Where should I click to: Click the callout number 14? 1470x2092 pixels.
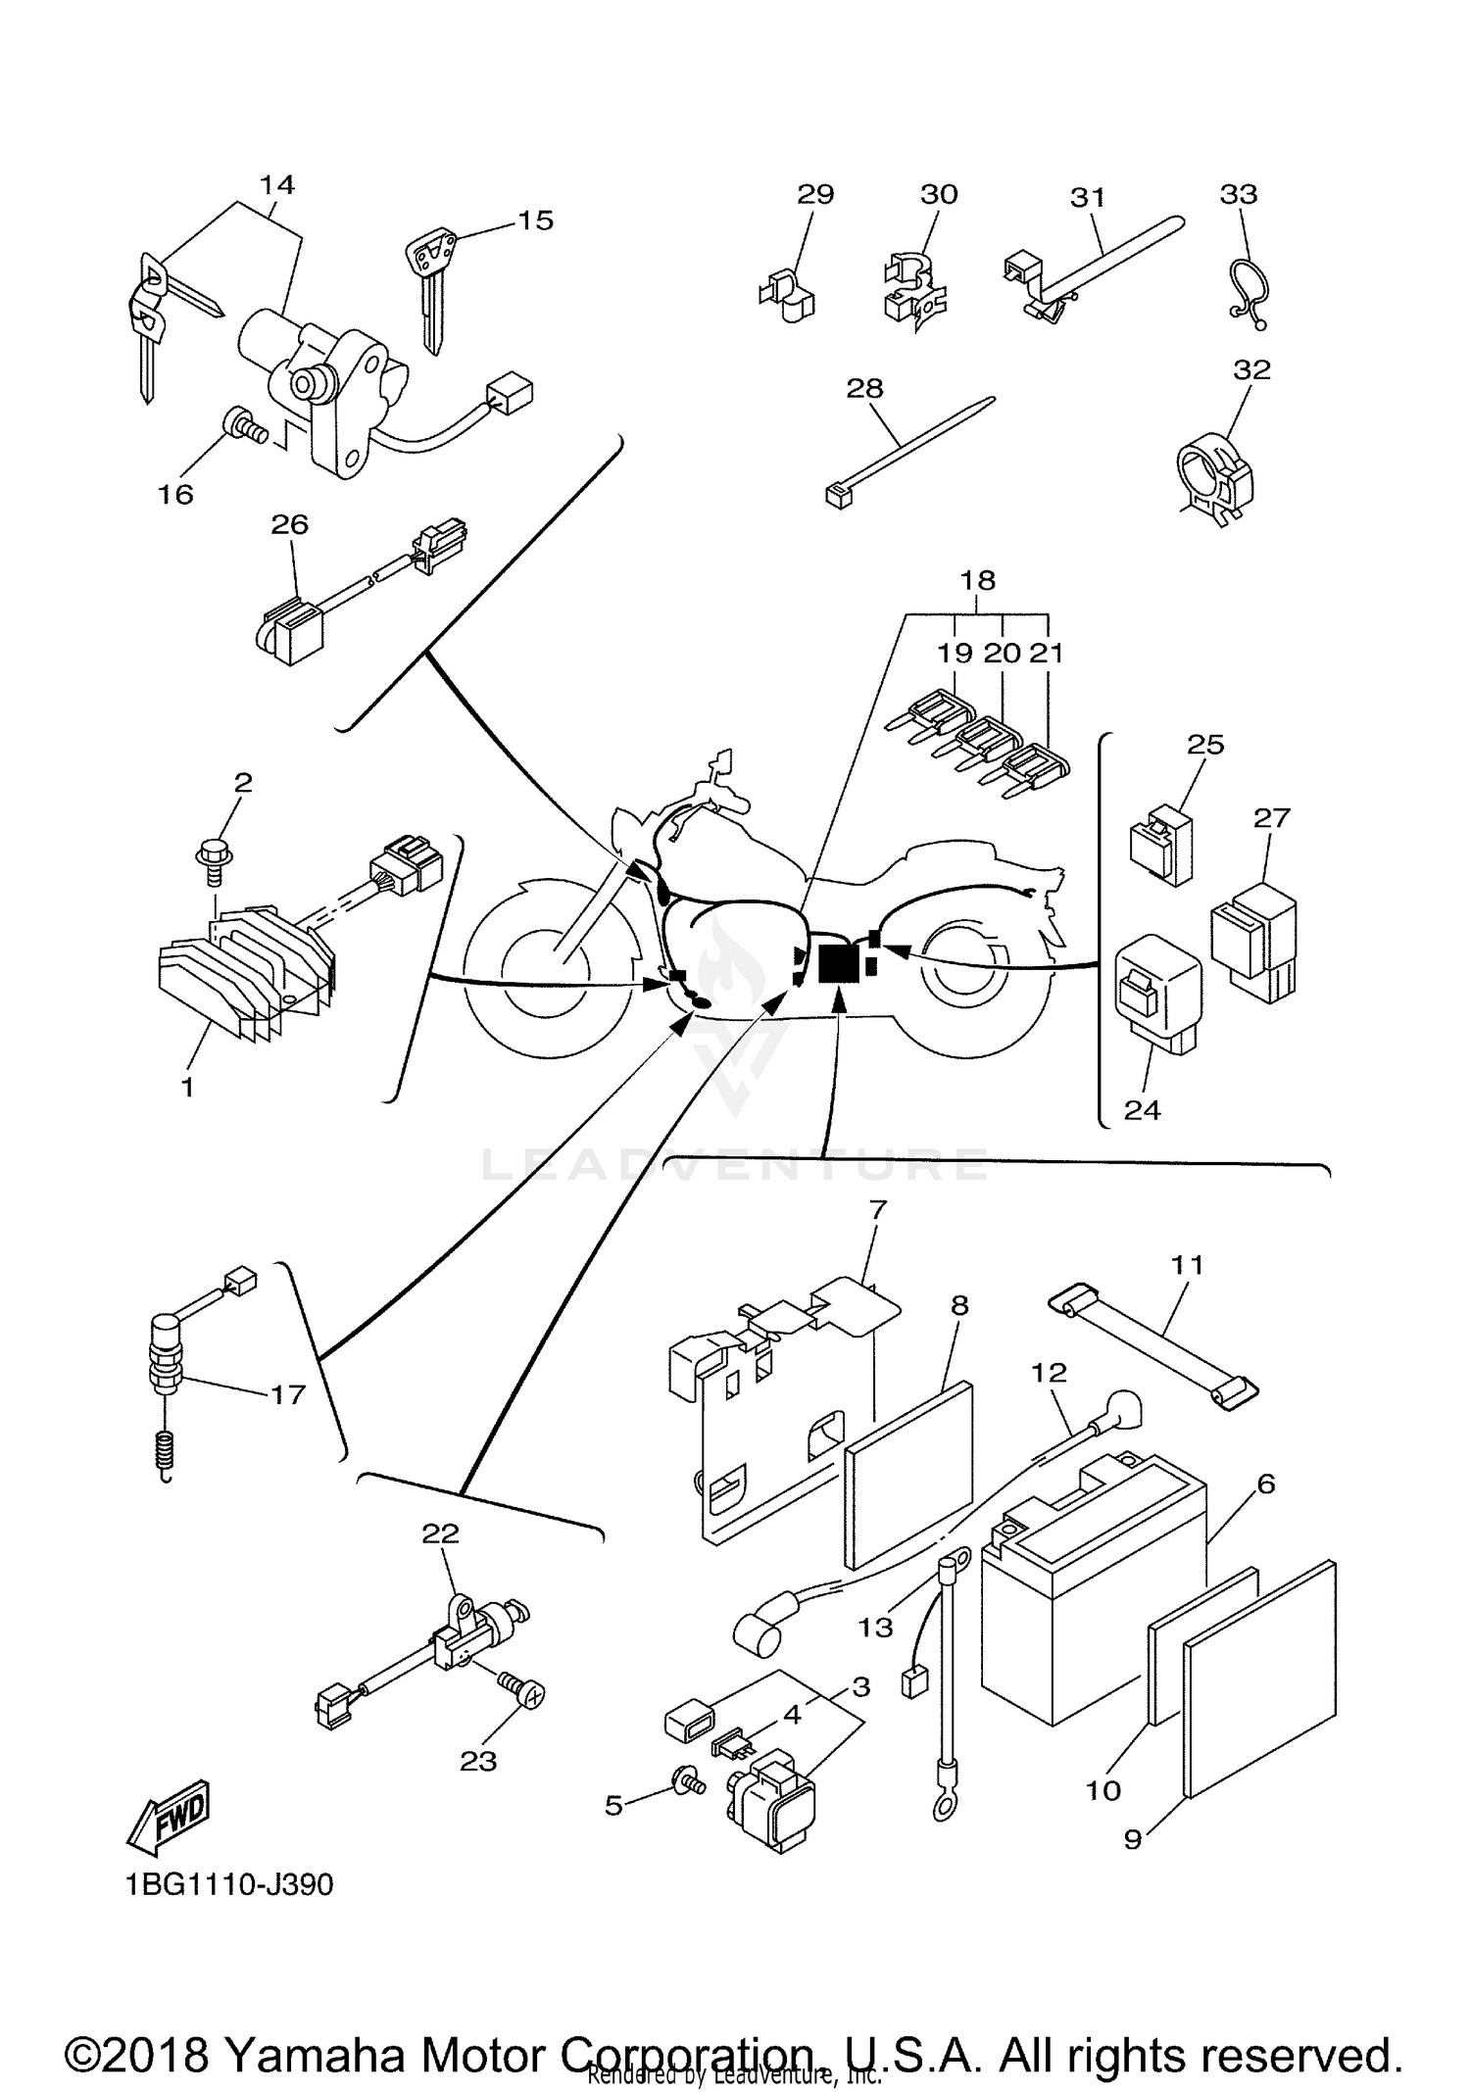pyautogui.click(x=277, y=184)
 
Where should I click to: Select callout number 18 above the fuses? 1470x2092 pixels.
pyautogui.click(x=977, y=580)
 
